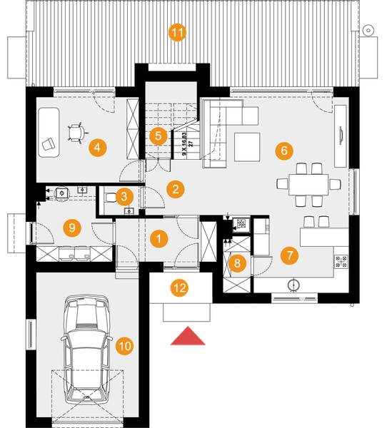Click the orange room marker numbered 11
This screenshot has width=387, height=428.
[177, 33]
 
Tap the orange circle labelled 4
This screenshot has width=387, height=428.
[98, 148]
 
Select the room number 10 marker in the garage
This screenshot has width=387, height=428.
[125, 346]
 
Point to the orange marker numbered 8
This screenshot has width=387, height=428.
[237, 263]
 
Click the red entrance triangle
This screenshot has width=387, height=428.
[188, 336]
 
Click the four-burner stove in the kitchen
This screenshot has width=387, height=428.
[341, 262]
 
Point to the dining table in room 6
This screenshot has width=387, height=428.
[308, 185]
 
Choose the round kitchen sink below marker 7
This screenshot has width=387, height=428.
[293, 285]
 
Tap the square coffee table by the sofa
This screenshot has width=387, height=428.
[247, 148]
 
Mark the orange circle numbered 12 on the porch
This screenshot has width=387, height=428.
[179, 288]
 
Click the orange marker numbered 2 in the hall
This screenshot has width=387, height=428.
[176, 189]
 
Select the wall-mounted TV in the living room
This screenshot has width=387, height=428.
[341, 136]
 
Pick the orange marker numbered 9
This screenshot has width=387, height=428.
[72, 228]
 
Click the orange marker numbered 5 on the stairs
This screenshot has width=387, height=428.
[159, 136]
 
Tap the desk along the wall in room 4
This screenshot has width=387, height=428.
[49, 133]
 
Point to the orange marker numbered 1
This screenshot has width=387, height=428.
[159, 239]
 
